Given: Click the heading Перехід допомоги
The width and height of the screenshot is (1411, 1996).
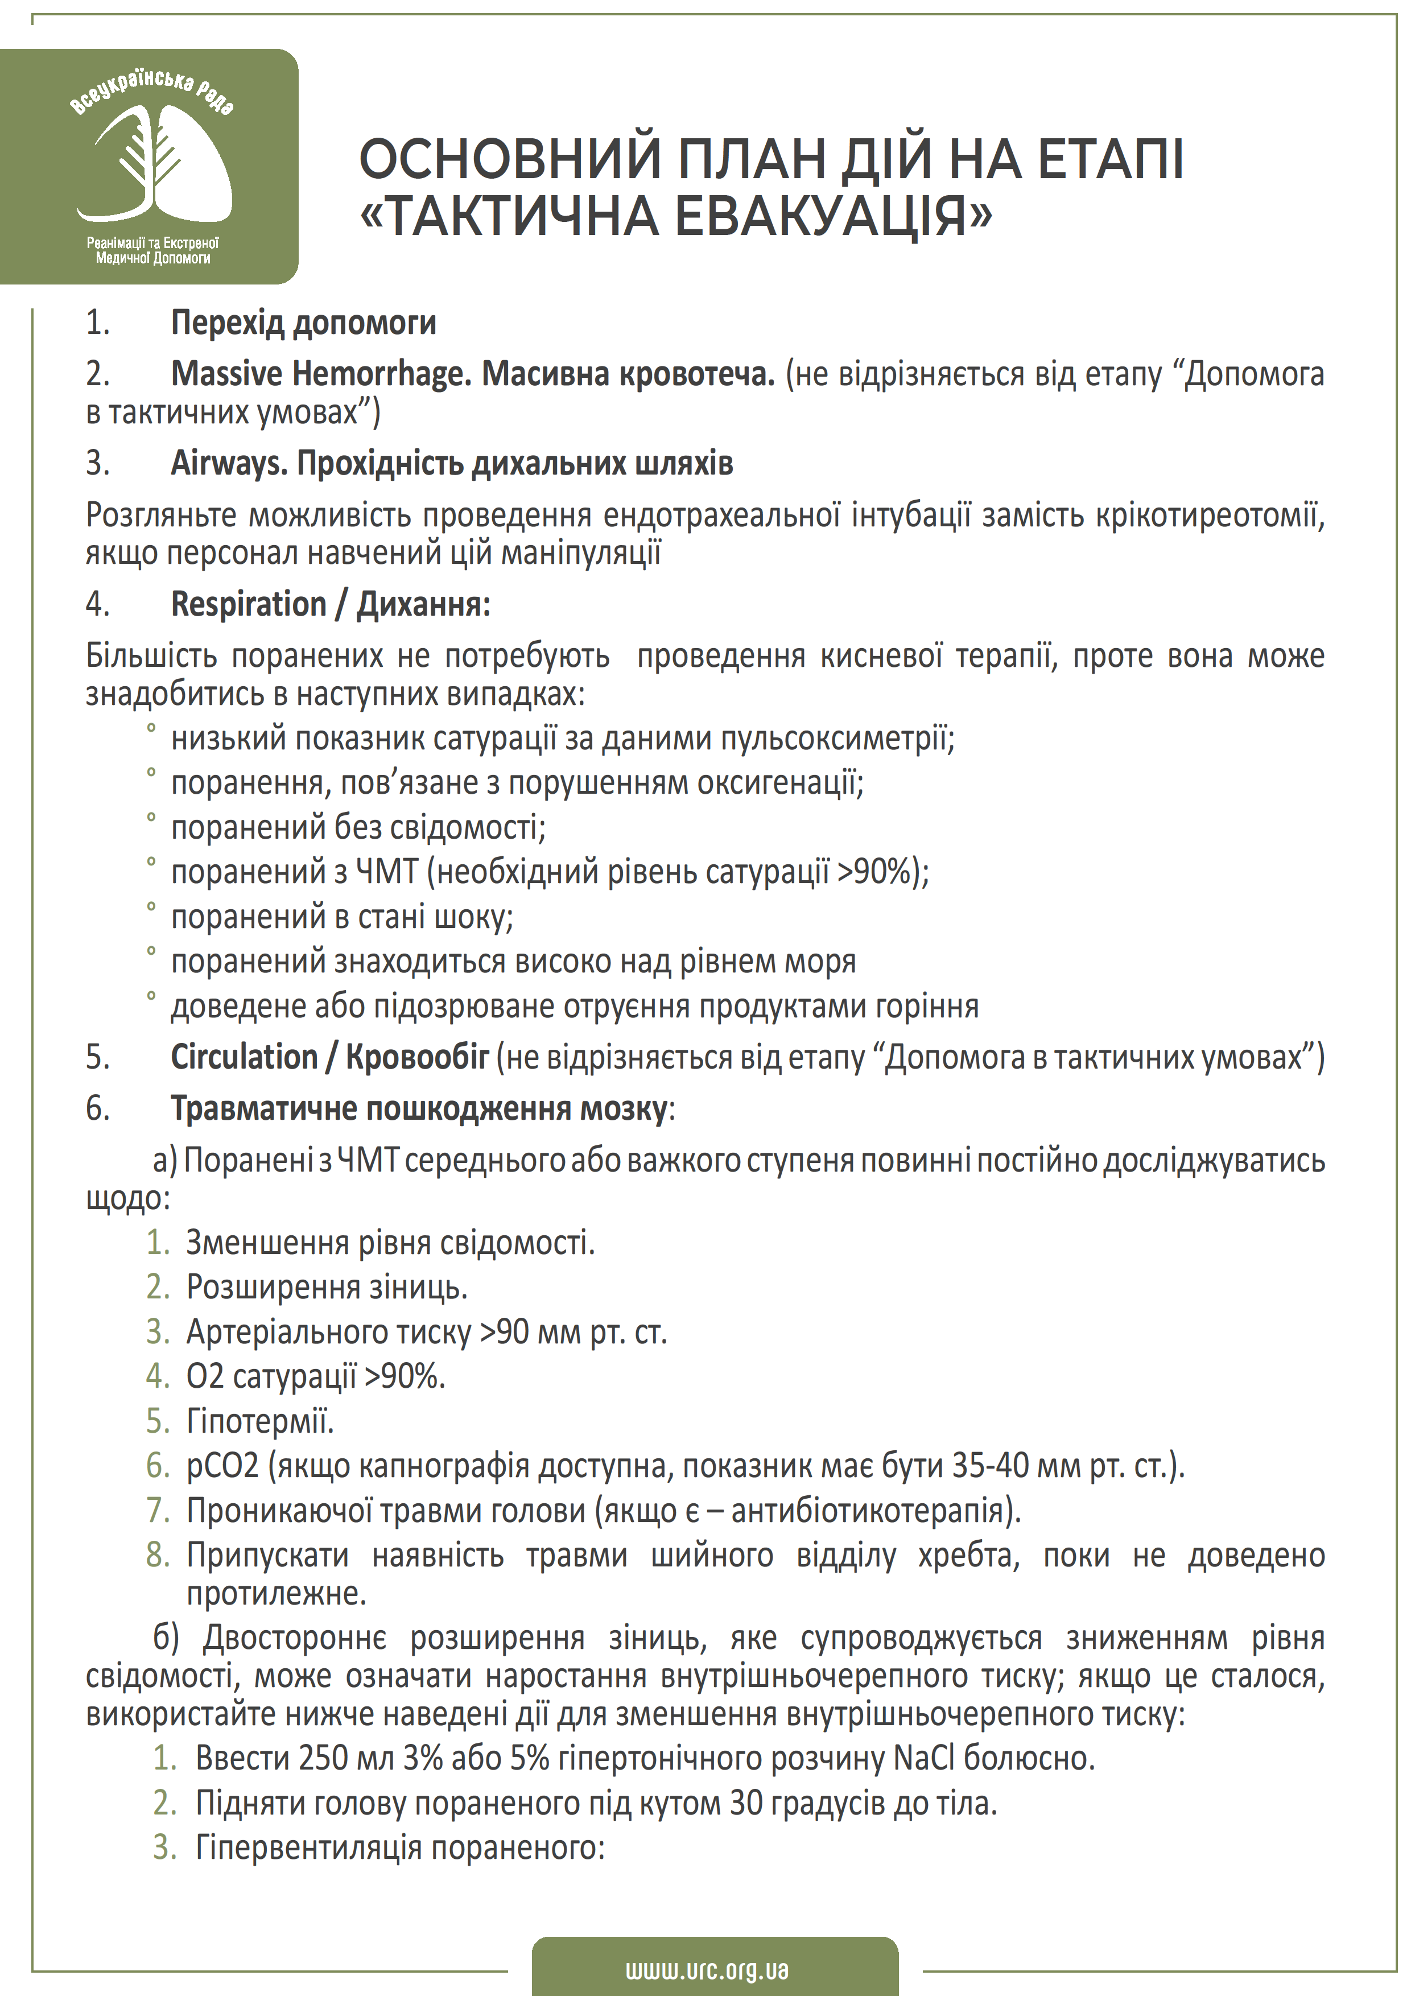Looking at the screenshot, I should pyautogui.click(x=303, y=323).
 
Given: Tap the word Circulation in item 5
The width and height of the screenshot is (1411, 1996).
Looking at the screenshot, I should pyautogui.click(x=244, y=1057).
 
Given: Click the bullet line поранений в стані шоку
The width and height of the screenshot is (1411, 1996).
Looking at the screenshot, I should pyautogui.click(x=342, y=916).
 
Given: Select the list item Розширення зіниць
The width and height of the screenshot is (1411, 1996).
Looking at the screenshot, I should pyautogui.click(x=327, y=1286).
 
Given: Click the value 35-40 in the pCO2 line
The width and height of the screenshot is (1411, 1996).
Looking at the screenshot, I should pyautogui.click(x=991, y=1466).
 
